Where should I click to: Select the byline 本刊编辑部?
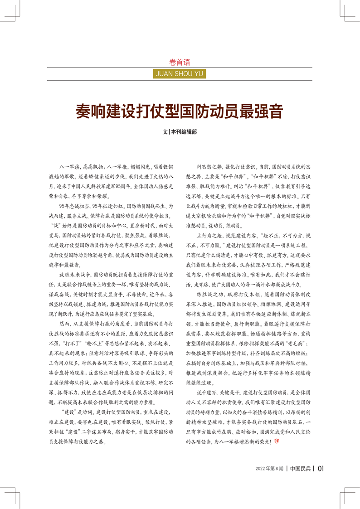click(184, 133)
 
